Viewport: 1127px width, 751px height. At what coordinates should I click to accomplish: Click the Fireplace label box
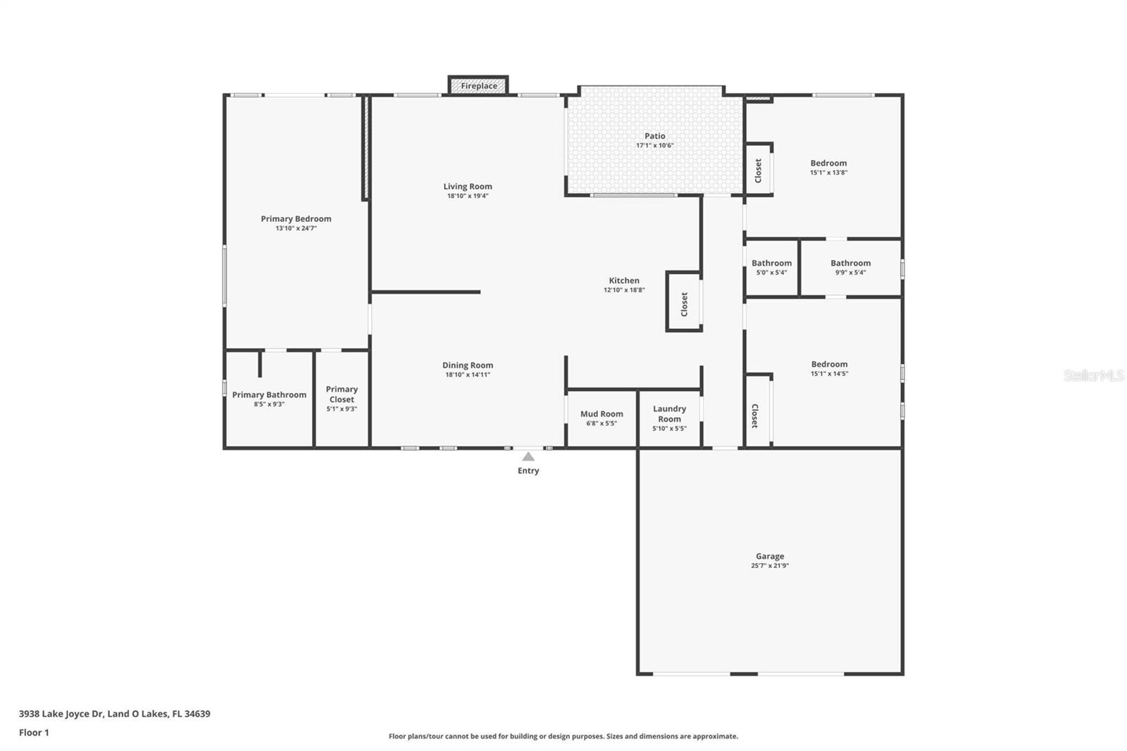(479, 86)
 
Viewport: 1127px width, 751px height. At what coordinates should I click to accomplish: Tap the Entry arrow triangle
(528, 457)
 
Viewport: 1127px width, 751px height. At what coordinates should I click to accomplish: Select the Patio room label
(655, 136)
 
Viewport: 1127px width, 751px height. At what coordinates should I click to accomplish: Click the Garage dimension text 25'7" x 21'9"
(770, 566)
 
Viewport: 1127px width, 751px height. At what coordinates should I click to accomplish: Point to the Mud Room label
(602, 414)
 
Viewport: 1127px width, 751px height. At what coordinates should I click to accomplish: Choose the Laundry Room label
(669, 414)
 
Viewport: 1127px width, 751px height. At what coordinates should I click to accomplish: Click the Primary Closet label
(342, 394)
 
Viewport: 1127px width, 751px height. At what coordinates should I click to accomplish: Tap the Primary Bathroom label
(269, 395)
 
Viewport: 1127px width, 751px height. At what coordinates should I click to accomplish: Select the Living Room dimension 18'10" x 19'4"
(468, 196)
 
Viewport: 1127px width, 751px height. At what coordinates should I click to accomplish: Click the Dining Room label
(468, 365)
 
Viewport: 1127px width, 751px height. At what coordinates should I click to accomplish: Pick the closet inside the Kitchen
(684, 303)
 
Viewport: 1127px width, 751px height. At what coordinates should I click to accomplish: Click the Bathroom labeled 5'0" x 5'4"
(771, 267)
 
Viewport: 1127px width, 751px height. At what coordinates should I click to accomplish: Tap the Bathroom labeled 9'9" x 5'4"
(850, 267)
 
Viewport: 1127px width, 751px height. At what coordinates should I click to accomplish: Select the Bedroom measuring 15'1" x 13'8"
(828, 167)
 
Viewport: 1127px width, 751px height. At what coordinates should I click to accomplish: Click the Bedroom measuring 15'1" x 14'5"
(829, 368)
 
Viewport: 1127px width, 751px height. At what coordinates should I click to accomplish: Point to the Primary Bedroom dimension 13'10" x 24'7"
(296, 228)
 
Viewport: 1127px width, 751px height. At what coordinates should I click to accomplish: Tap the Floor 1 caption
(34, 733)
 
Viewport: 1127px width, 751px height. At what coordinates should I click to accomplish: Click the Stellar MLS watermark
(1093, 375)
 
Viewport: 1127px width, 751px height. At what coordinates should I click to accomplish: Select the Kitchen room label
(624, 280)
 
